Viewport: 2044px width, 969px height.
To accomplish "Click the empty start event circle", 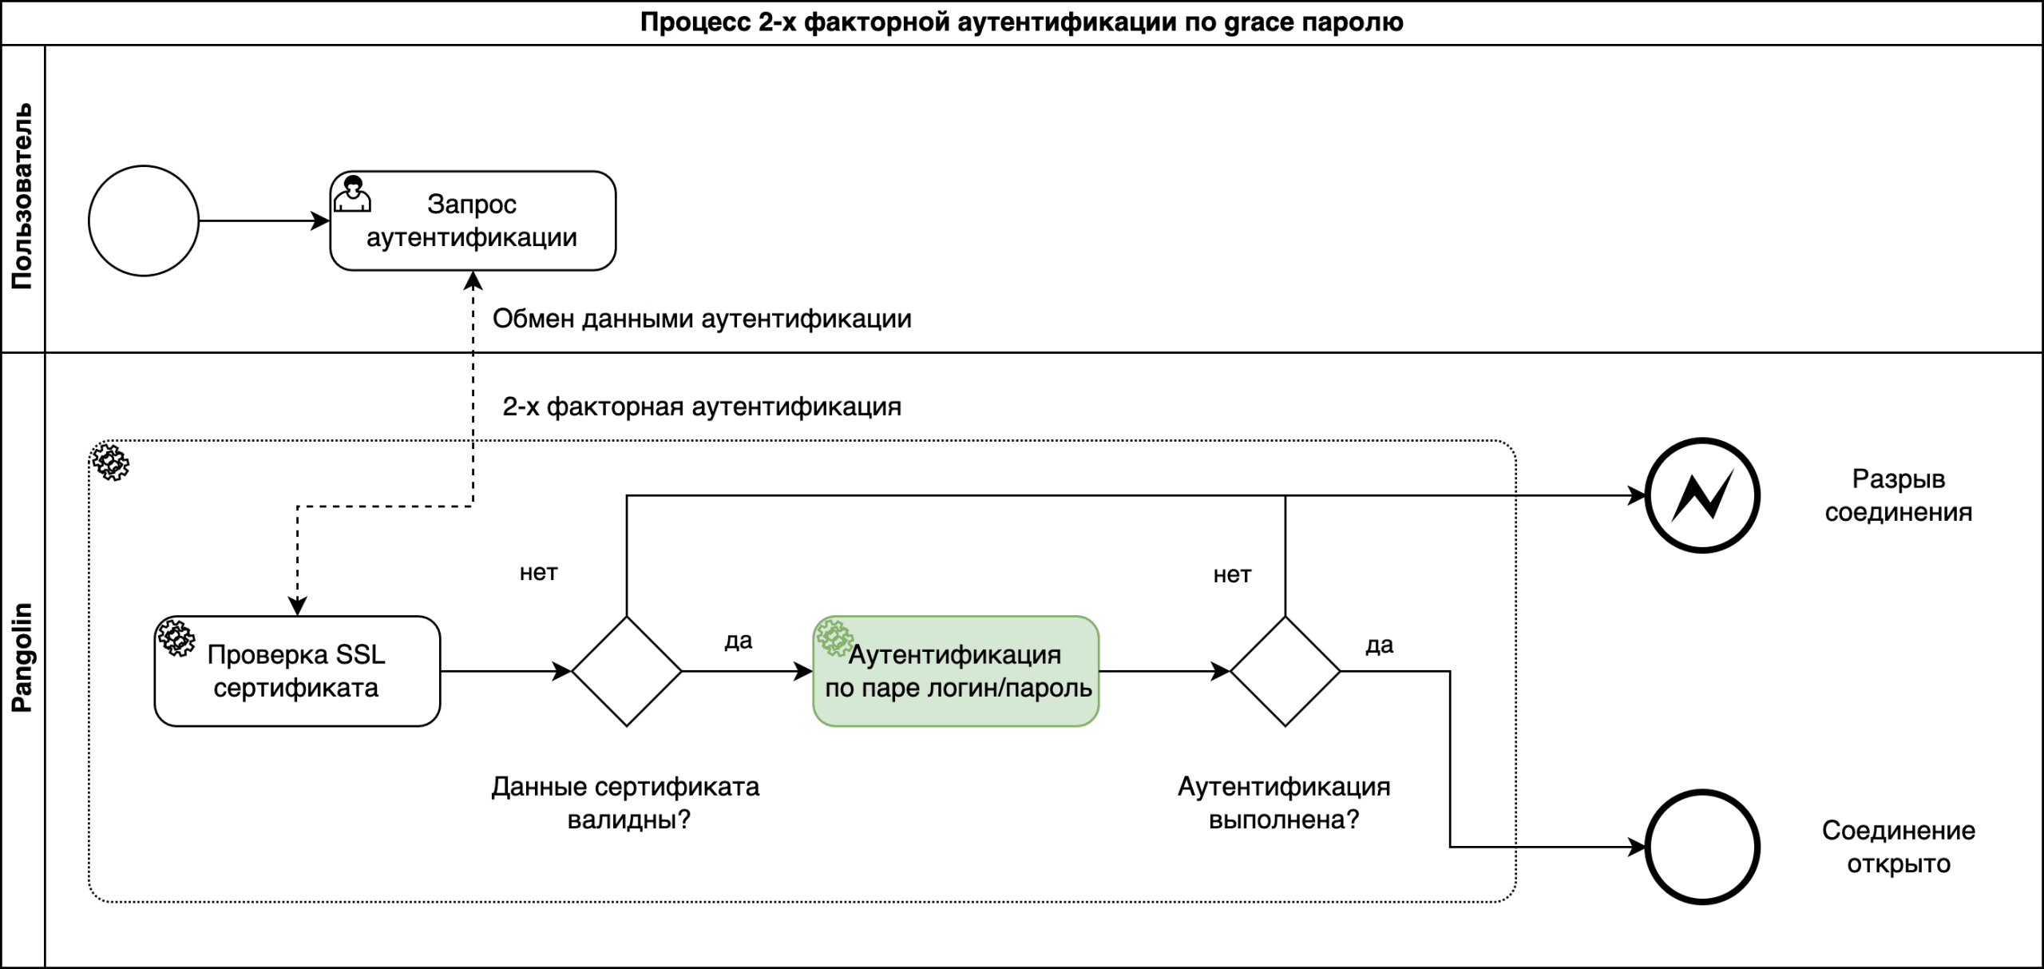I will coord(144,221).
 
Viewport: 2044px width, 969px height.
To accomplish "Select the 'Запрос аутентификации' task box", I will coord(473,221).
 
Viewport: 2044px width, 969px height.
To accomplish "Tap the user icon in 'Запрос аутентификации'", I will coord(352,195).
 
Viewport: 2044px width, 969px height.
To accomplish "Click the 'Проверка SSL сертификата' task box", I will coord(297,671).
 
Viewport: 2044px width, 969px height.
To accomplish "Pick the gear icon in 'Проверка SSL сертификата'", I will coord(176,637).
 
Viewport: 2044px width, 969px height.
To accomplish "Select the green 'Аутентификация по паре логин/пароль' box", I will coord(956,671).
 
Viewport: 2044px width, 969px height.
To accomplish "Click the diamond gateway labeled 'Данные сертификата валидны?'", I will coord(627,671).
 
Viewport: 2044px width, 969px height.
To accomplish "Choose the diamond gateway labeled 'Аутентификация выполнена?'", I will coord(1285,671).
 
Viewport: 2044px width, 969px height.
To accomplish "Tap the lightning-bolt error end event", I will coord(1702,495).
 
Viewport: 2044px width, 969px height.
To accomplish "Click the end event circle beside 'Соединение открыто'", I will coord(1702,847).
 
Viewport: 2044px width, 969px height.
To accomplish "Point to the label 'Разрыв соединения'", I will coord(1898,495).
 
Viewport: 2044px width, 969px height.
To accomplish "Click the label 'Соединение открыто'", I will coord(1898,847).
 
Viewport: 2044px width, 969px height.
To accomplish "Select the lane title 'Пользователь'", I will coord(22,197).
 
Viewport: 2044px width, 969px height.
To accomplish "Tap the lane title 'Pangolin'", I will coord(22,657).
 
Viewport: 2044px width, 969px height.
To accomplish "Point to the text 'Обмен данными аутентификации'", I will coord(702,319).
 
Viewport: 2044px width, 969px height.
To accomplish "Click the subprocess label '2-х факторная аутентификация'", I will coord(702,407).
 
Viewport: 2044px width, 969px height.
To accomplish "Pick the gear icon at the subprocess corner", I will coord(110,463).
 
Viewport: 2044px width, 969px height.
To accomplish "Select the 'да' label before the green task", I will coord(739,641).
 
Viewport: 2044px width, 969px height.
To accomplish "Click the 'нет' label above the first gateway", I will coord(538,573).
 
